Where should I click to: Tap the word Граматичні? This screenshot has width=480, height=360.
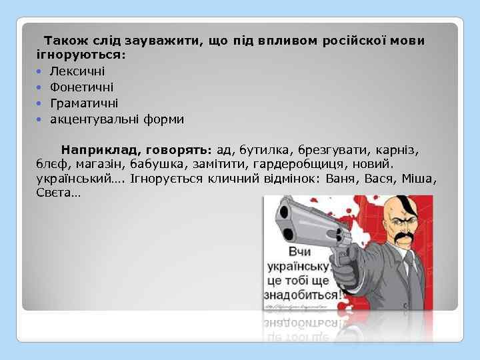click(84, 103)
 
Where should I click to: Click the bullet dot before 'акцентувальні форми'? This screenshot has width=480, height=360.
click(41, 120)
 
